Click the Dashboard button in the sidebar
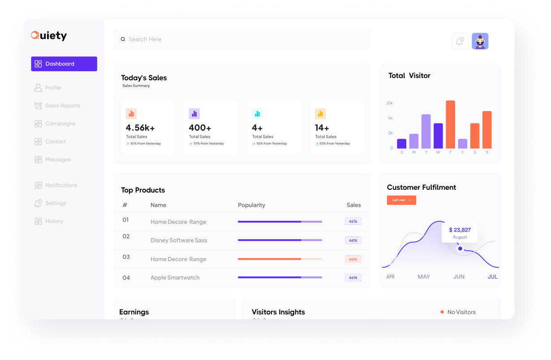tap(64, 64)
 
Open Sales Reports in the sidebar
tap(62, 106)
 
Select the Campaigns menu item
tap(60, 124)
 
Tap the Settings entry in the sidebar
tap(56, 203)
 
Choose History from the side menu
tap(54, 221)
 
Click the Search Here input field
tap(242, 39)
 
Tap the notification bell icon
tap(460, 41)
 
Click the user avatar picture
tap(480, 41)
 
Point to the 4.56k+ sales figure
tap(140, 128)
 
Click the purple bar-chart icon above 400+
tap(194, 114)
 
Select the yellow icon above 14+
tap(320, 114)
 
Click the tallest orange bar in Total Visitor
tap(450, 124)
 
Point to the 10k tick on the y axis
tap(389, 103)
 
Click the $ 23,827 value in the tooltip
tap(460, 230)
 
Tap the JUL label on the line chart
tap(492, 277)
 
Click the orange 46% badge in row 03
tap(353, 259)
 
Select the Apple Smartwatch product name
tap(175, 278)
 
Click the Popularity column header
tap(251, 205)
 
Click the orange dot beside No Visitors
tap(442, 312)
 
